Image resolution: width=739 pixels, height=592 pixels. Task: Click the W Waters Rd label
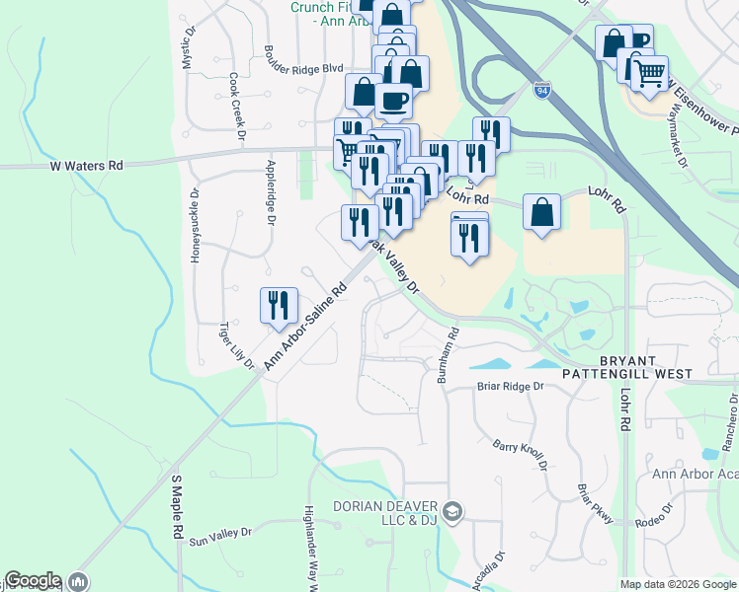point(87,167)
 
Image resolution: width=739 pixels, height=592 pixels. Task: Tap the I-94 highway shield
point(539,90)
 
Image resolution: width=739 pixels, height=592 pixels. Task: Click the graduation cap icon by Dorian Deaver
point(453,510)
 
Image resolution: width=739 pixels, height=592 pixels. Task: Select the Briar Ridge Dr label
point(511,387)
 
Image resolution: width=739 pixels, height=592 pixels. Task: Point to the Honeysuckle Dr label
point(195,226)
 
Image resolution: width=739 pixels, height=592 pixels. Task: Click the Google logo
point(33,581)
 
